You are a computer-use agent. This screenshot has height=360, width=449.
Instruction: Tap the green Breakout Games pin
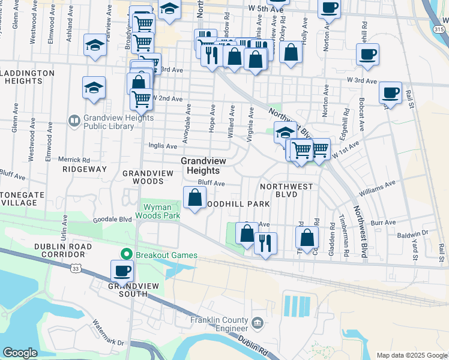[x=126, y=255]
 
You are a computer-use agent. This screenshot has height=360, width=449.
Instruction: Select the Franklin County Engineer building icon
[x=258, y=323]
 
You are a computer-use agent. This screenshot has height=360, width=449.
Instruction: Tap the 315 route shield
[x=440, y=29]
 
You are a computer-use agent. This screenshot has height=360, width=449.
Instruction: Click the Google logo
[x=20, y=353]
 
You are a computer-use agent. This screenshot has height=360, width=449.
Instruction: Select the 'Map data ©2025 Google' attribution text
[x=412, y=355]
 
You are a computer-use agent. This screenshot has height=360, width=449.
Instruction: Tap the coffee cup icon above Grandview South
[x=122, y=270]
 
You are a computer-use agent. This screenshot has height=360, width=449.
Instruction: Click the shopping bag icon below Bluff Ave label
[x=195, y=197]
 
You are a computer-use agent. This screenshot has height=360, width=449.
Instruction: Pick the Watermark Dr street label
[x=108, y=334]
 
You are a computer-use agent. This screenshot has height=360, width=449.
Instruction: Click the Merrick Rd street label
[x=74, y=160]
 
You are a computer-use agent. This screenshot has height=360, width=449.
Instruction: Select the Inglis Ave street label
[x=163, y=146]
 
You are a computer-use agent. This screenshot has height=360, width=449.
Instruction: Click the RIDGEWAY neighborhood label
[x=84, y=170]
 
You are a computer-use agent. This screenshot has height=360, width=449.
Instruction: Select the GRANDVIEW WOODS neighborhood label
[x=143, y=177]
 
